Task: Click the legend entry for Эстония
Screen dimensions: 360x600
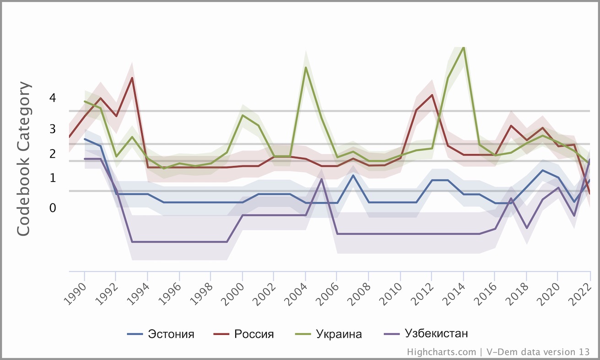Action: tap(171, 334)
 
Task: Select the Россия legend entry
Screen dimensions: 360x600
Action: tap(254, 334)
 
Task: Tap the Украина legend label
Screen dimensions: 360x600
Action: tap(339, 334)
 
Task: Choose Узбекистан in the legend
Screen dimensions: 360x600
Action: tap(436, 333)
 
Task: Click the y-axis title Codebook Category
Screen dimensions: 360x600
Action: tap(24, 159)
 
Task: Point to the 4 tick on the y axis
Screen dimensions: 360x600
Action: tap(53, 98)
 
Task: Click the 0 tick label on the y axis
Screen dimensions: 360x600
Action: tap(53, 208)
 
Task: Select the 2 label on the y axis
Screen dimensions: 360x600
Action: tap(53, 154)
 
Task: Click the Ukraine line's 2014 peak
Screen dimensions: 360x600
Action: tap(464, 47)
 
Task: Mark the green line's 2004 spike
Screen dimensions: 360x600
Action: tap(306, 68)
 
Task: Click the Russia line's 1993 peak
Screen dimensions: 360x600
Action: tap(132, 78)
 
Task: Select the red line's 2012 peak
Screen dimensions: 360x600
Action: tap(432, 95)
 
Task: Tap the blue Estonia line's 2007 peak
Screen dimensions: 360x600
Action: tap(353, 175)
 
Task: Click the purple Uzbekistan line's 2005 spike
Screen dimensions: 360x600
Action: tap(322, 179)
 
